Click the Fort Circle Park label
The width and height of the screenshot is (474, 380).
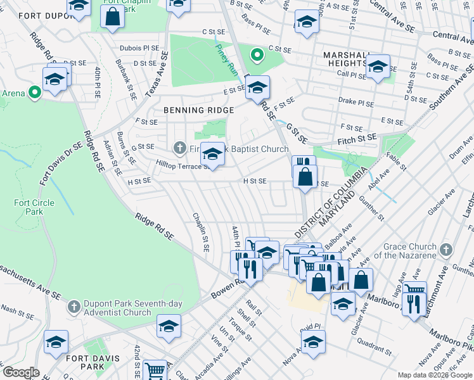click(34, 207)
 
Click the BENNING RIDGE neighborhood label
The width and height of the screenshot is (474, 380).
click(190, 110)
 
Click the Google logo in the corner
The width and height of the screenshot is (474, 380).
click(21, 372)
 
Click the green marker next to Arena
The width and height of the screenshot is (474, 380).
click(34, 93)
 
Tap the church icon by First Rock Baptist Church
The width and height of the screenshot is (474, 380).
click(179, 148)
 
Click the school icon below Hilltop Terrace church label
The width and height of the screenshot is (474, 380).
click(212, 155)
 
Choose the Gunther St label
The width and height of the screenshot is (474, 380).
click(374, 207)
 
